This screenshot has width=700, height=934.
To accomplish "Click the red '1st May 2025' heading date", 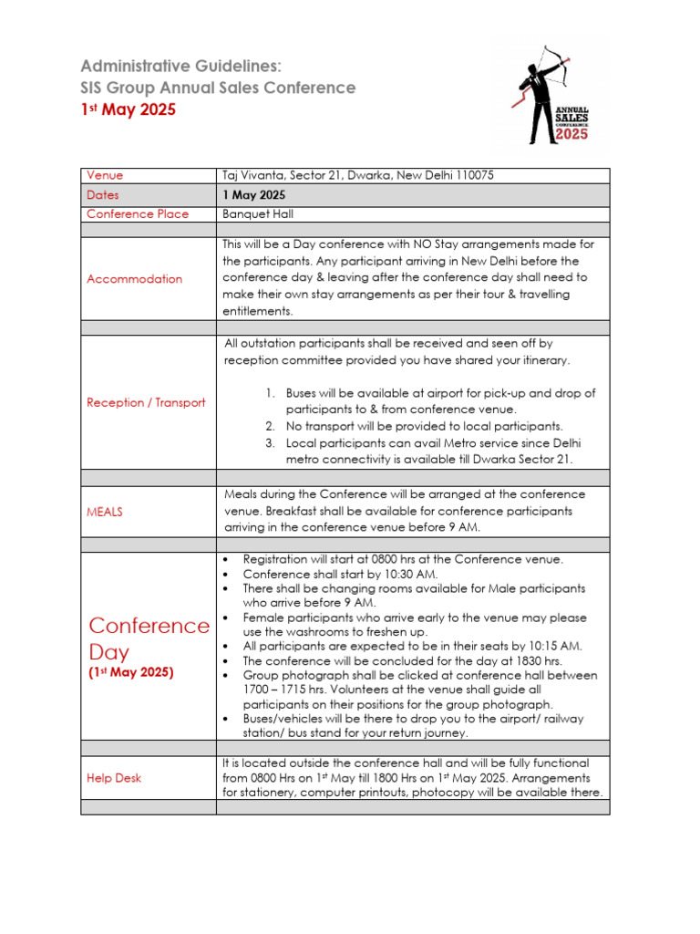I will pyautogui.click(x=128, y=109).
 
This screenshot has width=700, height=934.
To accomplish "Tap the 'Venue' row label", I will pyautogui.click(x=105, y=175).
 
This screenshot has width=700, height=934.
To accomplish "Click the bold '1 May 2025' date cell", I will pyautogui.click(x=254, y=195).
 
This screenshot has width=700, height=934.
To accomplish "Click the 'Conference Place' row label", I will pyautogui.click(x=138, y=214).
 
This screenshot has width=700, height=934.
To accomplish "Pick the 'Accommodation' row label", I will pyautogui.click(x=134, y=279).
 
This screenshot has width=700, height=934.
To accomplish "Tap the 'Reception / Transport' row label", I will pyautogui.click(x=146, y=402).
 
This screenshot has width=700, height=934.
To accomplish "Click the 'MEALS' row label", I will pyautogui.click(x=105, y=512).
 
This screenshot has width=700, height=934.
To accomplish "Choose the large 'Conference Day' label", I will pyautogui.click(x=149, y=638).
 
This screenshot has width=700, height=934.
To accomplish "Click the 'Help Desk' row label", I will pyautogui.click(x=114, y=778).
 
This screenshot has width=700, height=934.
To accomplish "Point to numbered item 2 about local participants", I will pyautogui.click(x=424, y=426).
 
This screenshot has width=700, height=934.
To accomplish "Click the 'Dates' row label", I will pyautogui.click(x=103, y=195).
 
